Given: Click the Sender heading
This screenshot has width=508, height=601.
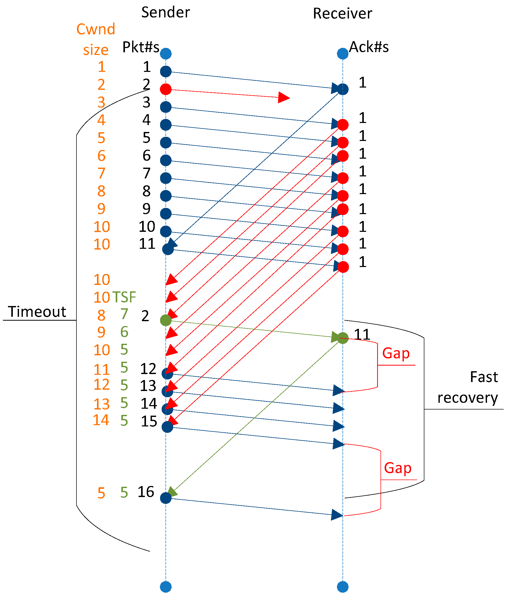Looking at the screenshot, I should pos(165,12).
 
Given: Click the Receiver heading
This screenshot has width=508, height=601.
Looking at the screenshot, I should pos(343,14).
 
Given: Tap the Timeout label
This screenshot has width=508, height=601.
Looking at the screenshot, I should pos(37,312).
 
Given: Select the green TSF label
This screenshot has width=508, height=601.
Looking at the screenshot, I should pos(124,297).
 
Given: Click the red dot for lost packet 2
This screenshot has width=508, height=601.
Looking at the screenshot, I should pos(165,89).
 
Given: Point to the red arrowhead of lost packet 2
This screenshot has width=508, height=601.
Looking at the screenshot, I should pos(284,97).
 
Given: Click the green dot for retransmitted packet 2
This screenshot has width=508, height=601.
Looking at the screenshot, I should pos(165,320).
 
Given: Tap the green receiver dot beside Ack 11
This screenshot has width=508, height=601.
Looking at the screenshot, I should pos(343,338).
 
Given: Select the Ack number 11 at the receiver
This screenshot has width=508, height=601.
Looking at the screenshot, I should pos(362,335).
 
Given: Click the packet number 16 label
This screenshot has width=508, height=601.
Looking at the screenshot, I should pos(146,492).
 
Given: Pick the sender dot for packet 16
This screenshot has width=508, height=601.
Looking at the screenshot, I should pos(165,498).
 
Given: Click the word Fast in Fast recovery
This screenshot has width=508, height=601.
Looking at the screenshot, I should pos(484,377).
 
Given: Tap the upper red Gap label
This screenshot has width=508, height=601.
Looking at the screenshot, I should pos(396,354).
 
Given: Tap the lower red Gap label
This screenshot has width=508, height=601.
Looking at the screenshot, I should pos(397,468).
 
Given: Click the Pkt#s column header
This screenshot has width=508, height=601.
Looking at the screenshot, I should pos(141,47).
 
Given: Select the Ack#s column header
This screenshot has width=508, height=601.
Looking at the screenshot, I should pos(369,47).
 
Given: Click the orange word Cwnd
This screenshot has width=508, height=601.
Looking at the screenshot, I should pos(96,29).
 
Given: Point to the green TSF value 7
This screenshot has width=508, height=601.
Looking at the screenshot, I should pos(124,314).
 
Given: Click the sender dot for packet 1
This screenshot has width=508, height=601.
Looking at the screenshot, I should pos(165,71).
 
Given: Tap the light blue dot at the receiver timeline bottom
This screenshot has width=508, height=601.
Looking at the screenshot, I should pos(343,587).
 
